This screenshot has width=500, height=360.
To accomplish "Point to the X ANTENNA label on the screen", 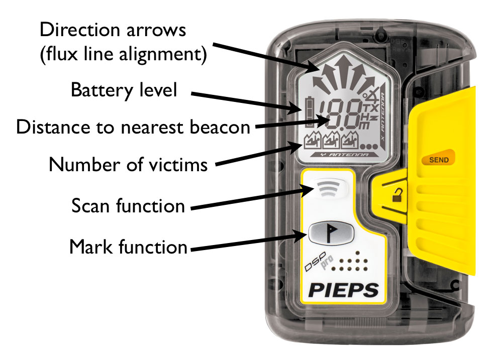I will pyautogui.click(x=383, y=118).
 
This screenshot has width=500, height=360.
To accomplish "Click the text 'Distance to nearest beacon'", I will pyautogui.click(x=133, y=127).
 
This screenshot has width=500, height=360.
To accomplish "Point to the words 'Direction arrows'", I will pyautogui.click(x=113, y=30).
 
